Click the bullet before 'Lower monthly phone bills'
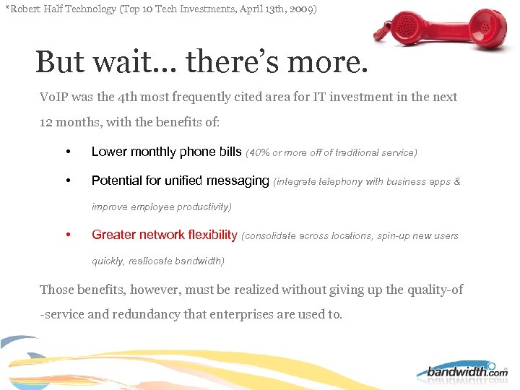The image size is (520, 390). tap(67, 152)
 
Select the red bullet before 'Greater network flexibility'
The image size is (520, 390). tap(67, 235)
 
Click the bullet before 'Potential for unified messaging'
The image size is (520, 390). tap(67, 181)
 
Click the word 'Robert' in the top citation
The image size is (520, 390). tap(27, 9)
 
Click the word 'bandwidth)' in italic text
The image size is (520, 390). tap(200, 261)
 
